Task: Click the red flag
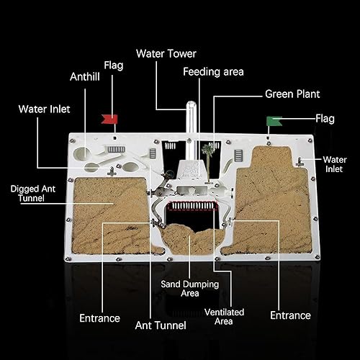tap(111, 116)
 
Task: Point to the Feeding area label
tap(213, 72)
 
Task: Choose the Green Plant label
tap(292, 94)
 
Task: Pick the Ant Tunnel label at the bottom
tap(161, 325)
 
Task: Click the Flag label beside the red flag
tap(114, 66)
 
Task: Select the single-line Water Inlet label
tap(44, 109)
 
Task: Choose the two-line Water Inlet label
tap(335, 164)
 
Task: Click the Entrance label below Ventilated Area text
tap(290, 315)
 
